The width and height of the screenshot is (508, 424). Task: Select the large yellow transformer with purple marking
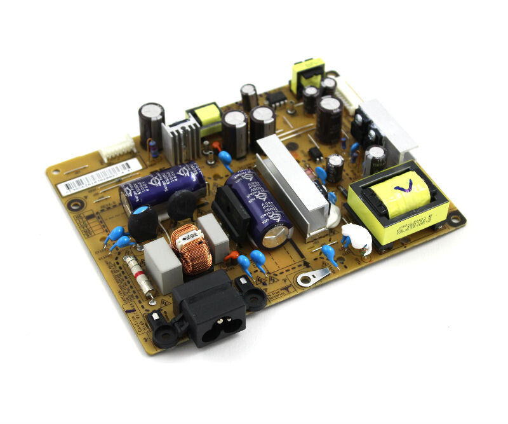point(399,207)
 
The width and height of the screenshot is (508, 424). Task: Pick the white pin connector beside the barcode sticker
point(117,150)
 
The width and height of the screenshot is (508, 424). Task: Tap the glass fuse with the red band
point(138,274)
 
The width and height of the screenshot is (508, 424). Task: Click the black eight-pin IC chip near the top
point(275,99)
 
